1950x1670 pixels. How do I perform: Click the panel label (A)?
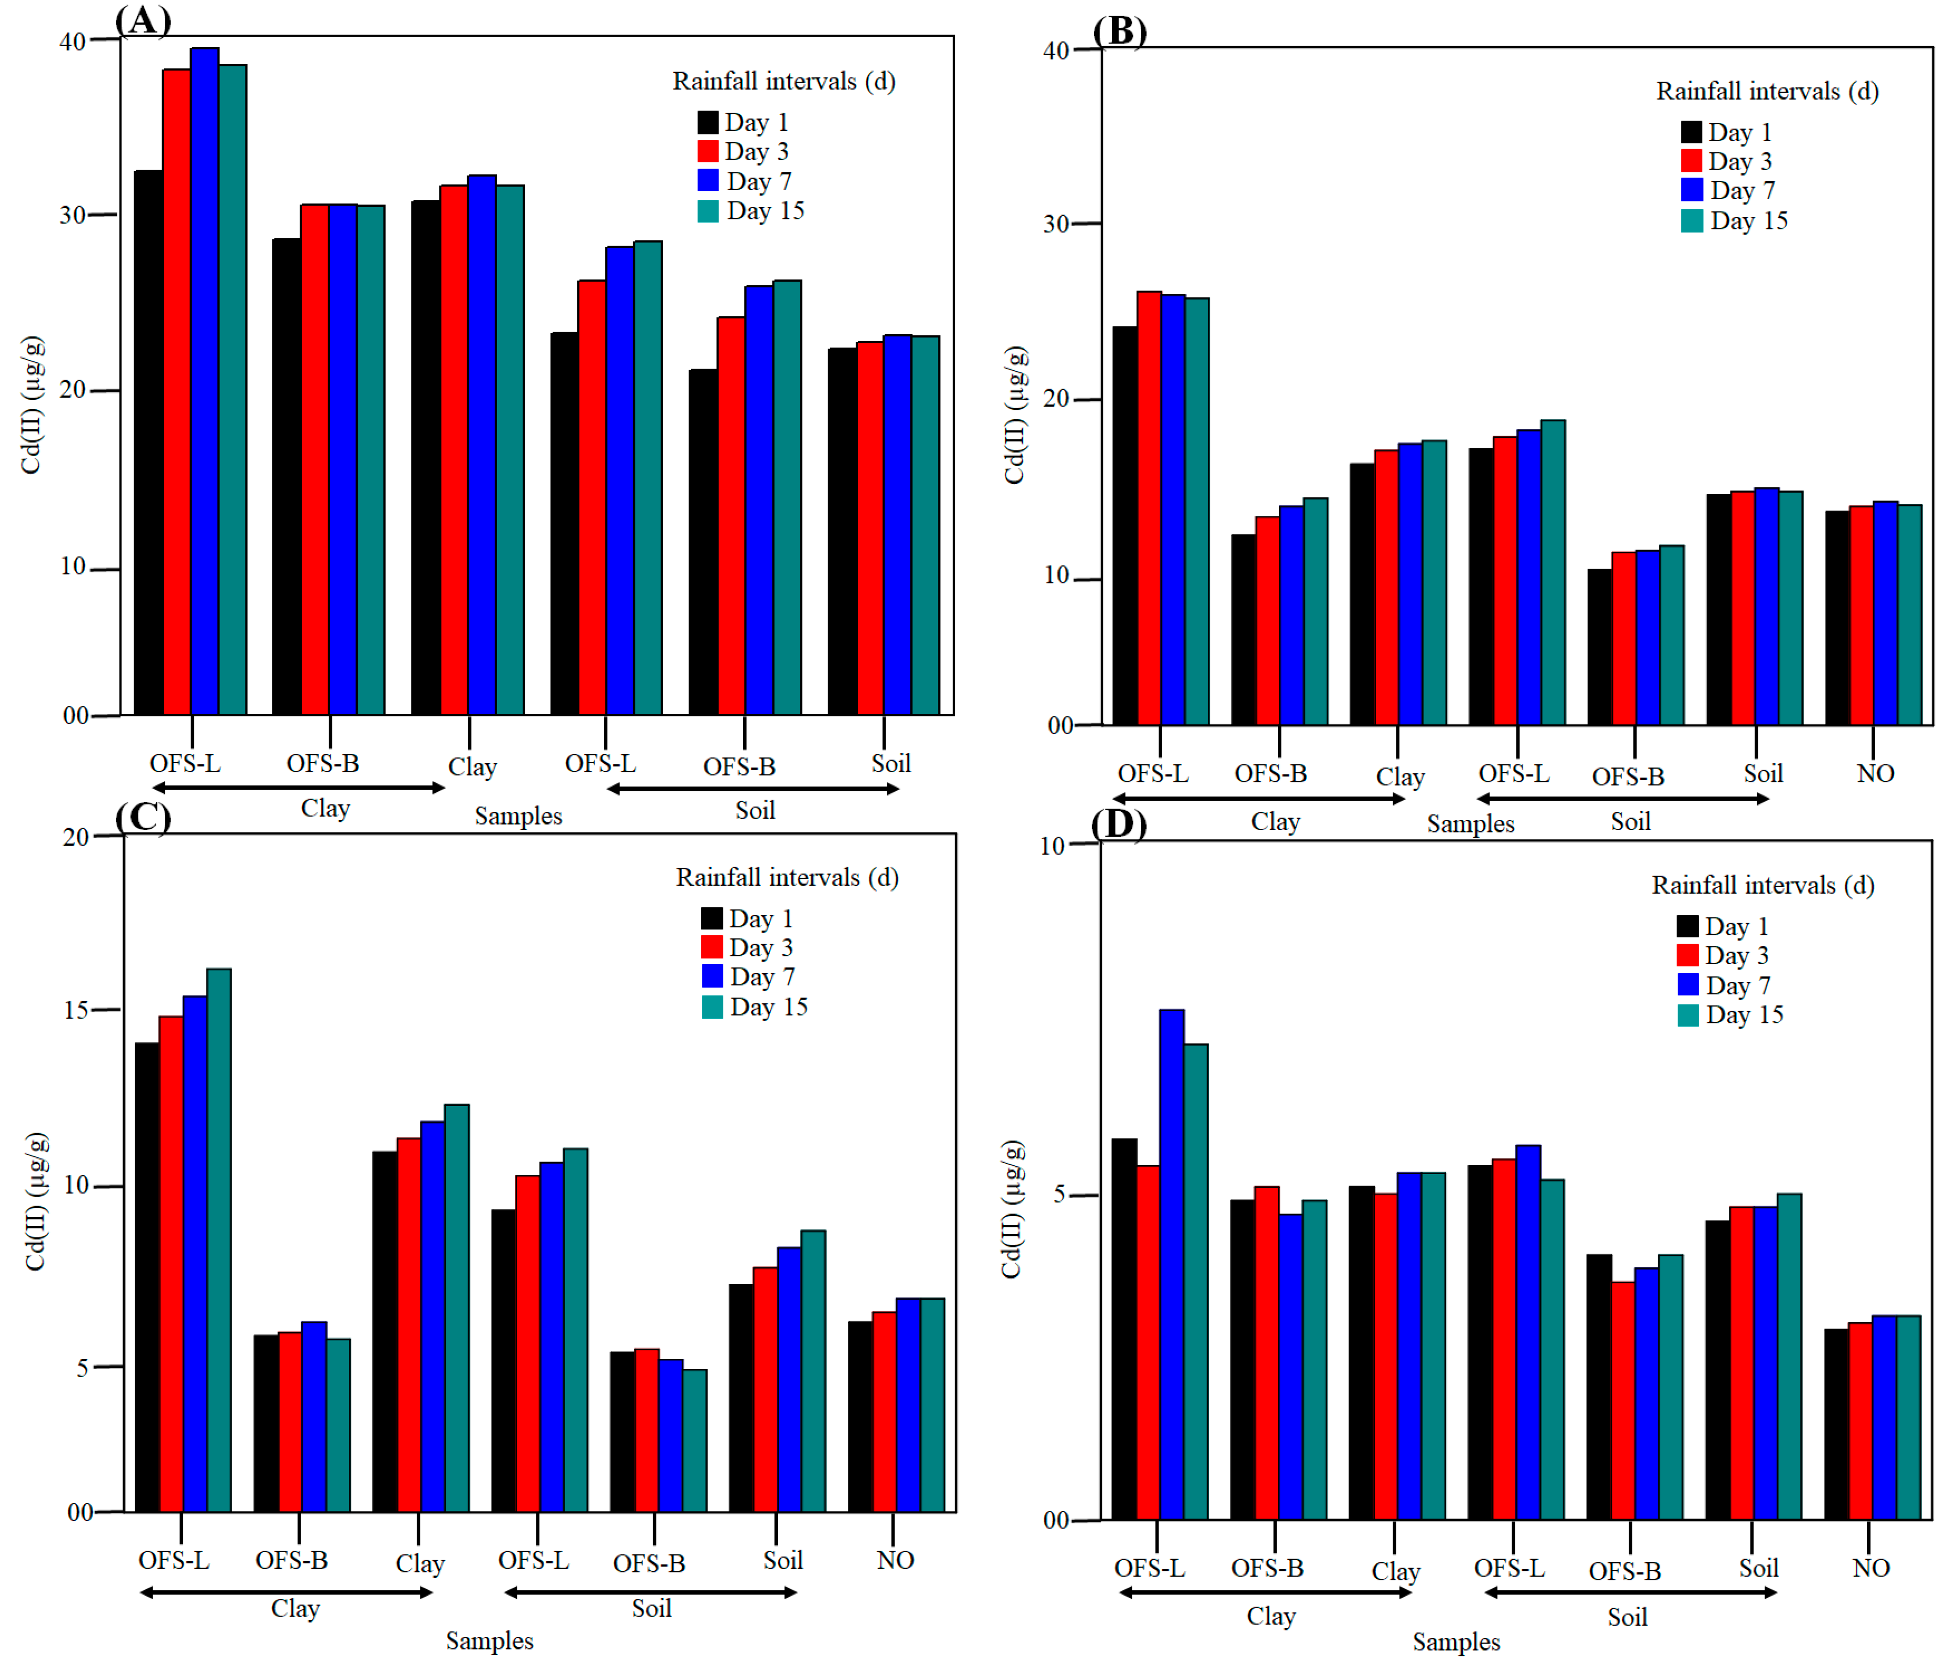(143, 20)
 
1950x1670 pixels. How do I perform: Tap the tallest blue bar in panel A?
(204, 377)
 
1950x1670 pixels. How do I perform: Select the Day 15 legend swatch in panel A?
(708, 211)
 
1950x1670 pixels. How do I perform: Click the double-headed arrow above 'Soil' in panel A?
(753, 789)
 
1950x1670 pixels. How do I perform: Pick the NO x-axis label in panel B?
(1875, 773)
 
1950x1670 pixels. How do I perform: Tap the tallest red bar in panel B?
(1149, 508)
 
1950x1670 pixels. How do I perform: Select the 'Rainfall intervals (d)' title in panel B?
(1767, 91)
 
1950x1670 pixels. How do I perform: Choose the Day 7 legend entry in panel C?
(748, 977)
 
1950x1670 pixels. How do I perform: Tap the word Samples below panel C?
(489, 1641)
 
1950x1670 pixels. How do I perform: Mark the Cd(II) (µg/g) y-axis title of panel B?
(1013, 415)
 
